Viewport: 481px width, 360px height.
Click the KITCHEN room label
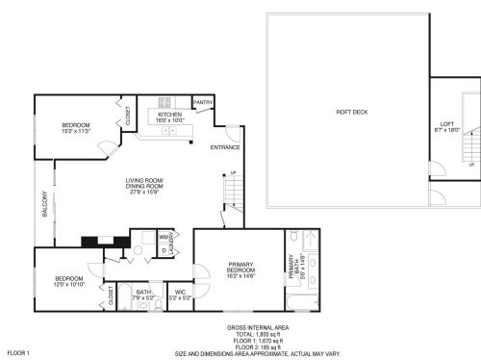(x=169, y=114)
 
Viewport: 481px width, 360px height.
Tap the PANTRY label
(x=203, y=101)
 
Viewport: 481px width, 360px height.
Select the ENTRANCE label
(x=226, y=147)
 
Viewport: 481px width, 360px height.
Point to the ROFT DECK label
(x=350, y=113)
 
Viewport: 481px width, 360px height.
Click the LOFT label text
(x=446, y=123)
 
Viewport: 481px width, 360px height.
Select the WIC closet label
(x=180, y=293)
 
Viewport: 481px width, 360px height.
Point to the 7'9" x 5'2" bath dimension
(x=143, y=298)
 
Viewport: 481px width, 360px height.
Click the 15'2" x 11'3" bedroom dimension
(x=76, y=131)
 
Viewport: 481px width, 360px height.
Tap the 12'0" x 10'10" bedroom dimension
(x=68, y=285)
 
